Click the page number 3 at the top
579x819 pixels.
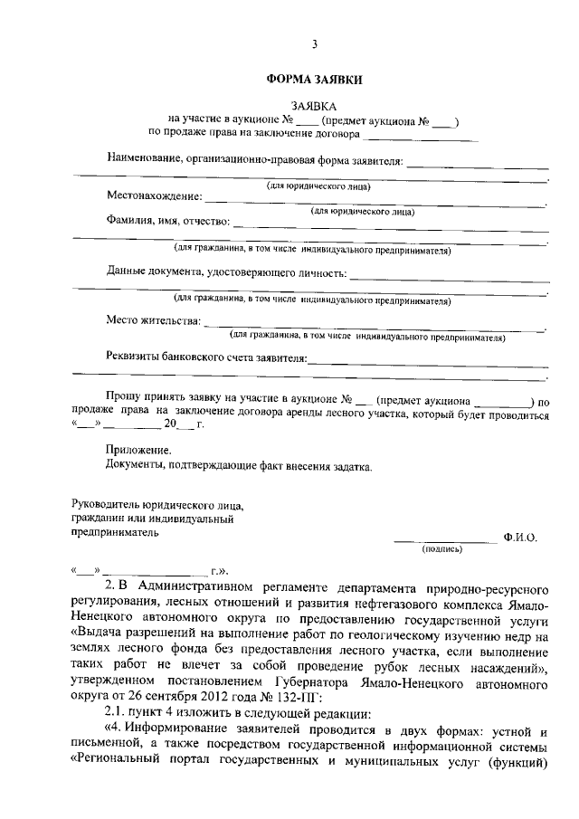click(x=314, y=44)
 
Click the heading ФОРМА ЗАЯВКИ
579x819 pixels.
click(x=314, y=80)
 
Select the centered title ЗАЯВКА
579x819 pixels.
click(x=314, y=107)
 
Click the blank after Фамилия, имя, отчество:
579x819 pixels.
click(x=389, y=223)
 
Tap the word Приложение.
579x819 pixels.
click(x=138, y=450)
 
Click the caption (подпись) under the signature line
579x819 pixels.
click(x=442, y=548)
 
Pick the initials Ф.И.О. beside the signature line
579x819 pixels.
click(x=520, y=538)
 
